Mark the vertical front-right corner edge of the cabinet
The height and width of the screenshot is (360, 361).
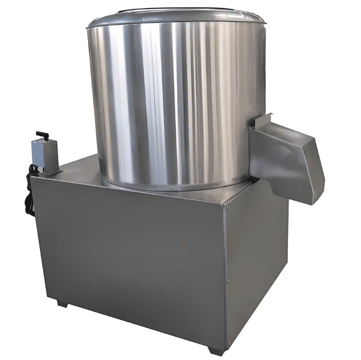(224, 274)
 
